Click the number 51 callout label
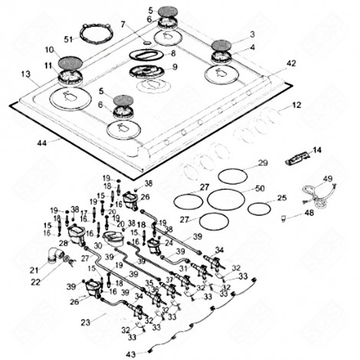tap(68, 38)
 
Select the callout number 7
tap(122, 25)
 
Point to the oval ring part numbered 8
tap(146, 54)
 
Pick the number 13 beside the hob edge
tap(26, 74)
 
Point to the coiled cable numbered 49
tap(314, 191)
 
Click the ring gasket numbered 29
tap(234, 175)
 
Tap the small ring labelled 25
tap(259, 208)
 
